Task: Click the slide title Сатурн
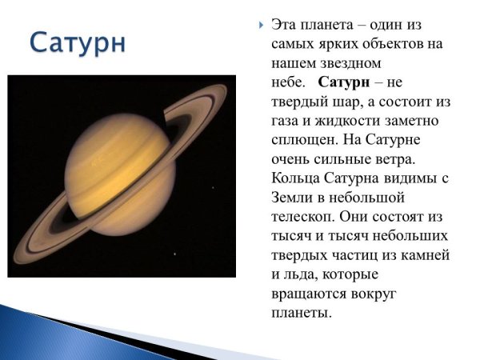[x=78, y=42]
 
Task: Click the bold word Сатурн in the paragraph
[x=342, y=82]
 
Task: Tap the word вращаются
[x=312, y=293]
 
